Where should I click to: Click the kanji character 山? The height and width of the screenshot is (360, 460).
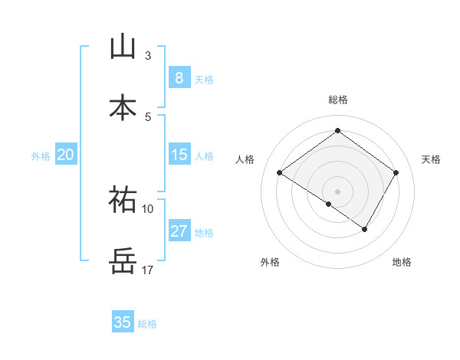[123, 47]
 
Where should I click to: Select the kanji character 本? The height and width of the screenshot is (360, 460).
[123, 108]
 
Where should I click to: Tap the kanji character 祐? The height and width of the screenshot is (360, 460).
[123, 200]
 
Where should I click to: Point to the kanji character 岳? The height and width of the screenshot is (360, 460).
[123, 261]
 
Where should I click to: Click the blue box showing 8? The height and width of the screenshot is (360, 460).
[179, 78]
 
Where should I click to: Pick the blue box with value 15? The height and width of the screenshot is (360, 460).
[179, 155]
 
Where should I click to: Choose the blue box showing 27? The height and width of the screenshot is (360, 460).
[179, 231]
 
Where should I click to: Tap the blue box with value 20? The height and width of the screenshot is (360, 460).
[66, 155]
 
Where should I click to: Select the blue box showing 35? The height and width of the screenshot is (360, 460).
[123, 322]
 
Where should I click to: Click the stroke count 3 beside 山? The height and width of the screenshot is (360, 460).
[148, 55]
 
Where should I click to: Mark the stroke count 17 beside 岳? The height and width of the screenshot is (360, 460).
[148, 270]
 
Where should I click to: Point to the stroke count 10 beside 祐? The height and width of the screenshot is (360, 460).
[148, 208]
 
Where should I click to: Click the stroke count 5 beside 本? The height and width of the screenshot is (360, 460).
[148, 116]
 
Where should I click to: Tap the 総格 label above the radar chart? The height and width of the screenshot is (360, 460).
[338, 100]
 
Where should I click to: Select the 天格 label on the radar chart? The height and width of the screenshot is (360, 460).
[431, 159]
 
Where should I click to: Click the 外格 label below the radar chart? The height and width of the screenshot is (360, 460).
[270, 262]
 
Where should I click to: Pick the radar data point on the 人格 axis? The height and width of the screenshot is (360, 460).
[280, 173]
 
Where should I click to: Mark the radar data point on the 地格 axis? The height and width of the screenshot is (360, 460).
[365, 229]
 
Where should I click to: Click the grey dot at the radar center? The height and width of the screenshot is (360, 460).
[337, 191]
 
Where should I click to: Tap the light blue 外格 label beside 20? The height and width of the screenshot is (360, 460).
[40, 156]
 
